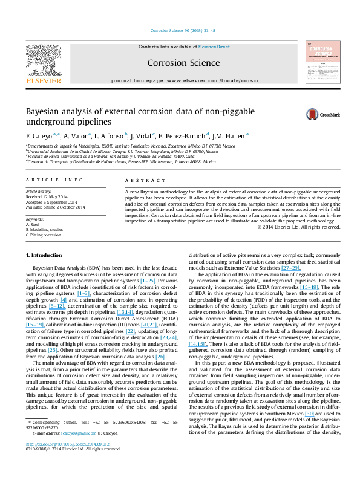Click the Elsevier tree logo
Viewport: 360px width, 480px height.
[x=43, y=60]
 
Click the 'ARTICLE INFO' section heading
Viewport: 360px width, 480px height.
[x=49, y=180]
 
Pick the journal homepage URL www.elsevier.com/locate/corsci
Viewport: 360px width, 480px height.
[x=203, y=80]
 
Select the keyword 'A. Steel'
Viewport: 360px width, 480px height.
[x=33, y=224]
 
